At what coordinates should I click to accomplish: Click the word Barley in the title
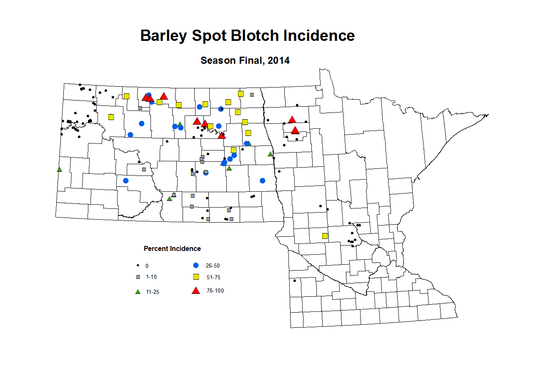coord(163,36)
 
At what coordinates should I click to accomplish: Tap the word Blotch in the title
coord(255,36)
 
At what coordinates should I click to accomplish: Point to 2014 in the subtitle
coord(278,60)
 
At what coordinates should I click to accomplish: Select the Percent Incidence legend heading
coord(172,248)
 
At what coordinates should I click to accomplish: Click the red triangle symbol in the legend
coord(196,291)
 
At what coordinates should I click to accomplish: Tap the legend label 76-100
coord(215,291)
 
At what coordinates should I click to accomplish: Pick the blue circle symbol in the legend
coord(196,266)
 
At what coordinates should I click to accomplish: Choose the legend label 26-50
coord(213,266)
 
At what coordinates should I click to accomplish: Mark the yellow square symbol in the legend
coord(196,277)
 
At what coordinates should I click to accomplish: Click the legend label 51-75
coord(213,277)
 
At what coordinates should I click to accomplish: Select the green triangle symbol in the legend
coord(138,292)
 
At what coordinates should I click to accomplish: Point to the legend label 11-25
coord(153,292)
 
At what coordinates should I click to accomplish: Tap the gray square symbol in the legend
coord(138,277)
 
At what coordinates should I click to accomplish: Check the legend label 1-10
coord(151,277)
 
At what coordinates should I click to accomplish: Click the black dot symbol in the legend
coord(138,266)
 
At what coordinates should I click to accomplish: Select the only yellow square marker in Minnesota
coord(325,236)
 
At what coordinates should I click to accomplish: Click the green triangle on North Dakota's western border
coord(59,170)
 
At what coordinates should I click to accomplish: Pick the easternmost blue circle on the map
coord(262,180)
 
